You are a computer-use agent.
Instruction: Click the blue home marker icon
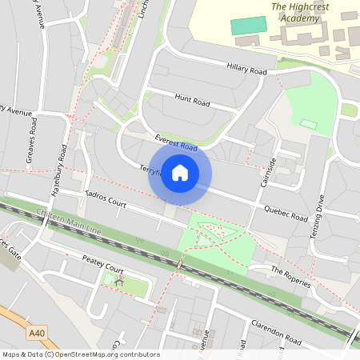(180, 173)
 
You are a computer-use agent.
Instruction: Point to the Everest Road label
(177, 142)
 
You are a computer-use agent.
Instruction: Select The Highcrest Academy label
(301, 13)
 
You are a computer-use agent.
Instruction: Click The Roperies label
(289, 275)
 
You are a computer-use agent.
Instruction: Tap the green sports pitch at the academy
(246, 25)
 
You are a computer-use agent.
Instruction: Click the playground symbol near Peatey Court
(119, 281)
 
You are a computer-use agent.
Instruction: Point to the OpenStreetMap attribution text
(81, 354)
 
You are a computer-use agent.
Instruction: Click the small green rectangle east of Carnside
(309, 123)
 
